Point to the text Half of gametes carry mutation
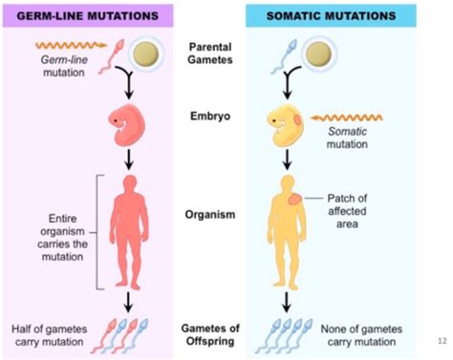point(44,333)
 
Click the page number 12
point(441,341)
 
